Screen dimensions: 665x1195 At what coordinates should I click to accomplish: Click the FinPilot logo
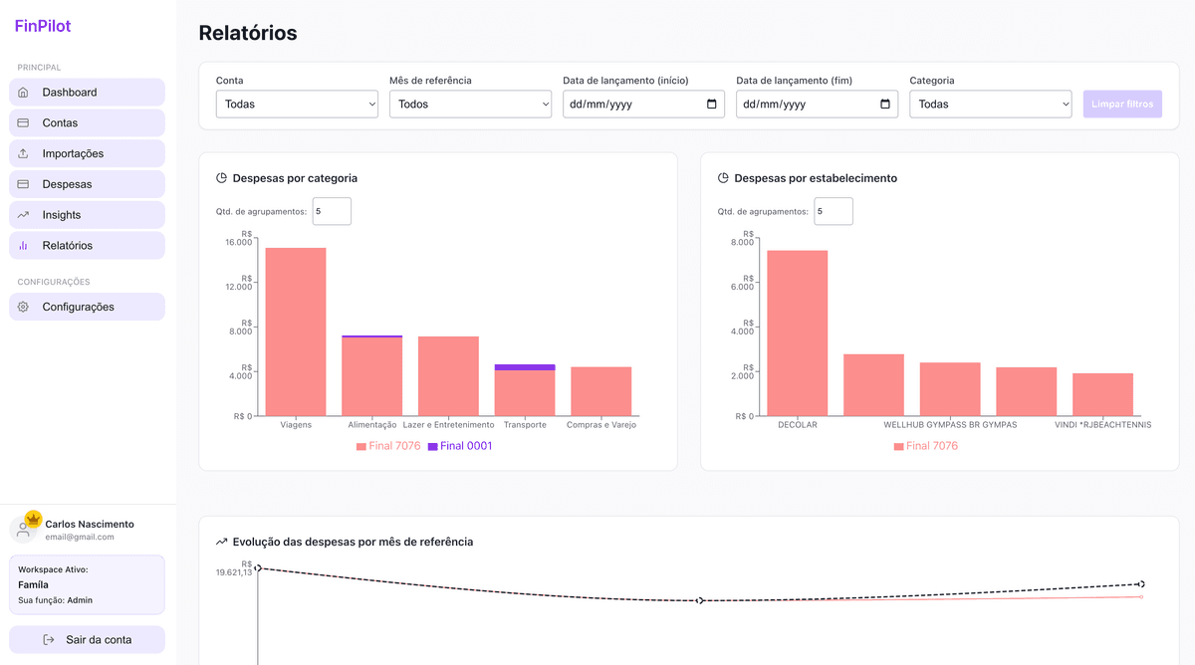(43, 27)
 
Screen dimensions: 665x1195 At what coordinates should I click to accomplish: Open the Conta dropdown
(297, 105)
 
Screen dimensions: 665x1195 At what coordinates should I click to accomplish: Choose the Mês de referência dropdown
(470, 105)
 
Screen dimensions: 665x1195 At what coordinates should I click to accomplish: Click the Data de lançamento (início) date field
(632, 105)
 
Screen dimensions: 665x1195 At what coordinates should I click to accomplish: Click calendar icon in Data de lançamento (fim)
(885, 105)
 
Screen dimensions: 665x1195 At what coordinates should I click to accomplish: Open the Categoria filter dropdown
(990, 105)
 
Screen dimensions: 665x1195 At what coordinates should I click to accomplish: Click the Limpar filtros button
(1122, 105)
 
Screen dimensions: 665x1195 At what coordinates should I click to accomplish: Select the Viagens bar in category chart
(296, 332)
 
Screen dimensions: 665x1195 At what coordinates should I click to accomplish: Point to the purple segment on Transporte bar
(525, 367)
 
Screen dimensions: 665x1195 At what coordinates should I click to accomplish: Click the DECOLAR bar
(797, 332)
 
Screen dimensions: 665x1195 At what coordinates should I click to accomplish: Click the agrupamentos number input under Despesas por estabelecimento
(833, 211)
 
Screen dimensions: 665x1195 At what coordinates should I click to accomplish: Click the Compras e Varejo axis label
(600, 425)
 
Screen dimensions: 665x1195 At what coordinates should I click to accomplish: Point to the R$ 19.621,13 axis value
(234, 572)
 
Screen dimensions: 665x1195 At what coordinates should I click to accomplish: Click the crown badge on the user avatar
(33, 519)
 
